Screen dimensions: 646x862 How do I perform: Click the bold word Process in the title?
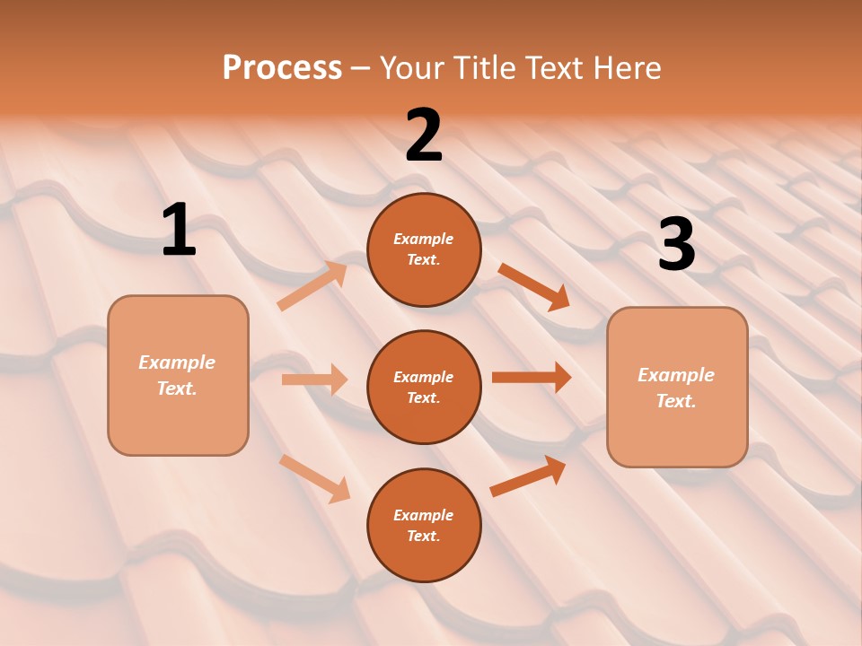coord(282,68)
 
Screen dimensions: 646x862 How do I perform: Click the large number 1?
coord(179,231)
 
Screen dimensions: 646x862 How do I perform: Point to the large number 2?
coord(424,135)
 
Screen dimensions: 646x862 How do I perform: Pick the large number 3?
coord(676,245)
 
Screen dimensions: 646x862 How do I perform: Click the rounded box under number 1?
coord(178,375)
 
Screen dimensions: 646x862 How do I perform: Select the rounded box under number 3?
coord(677,388)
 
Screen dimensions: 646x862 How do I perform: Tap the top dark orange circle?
coord(424,249)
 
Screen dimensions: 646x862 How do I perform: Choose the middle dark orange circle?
coord(424,388)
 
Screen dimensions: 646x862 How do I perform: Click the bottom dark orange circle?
coord(424,526)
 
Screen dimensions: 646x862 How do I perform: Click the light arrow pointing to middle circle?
coord(315,380)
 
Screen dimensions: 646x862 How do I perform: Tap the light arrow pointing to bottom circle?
coord(315,478)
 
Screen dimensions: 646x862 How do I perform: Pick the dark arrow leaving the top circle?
coord(534,286)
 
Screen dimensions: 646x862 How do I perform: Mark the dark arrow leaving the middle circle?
coord(532,378)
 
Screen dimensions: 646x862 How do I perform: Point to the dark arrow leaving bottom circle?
coord(529,476)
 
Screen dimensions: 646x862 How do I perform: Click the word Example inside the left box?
coord(177,362)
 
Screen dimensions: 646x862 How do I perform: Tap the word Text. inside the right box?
coord(676,401)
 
